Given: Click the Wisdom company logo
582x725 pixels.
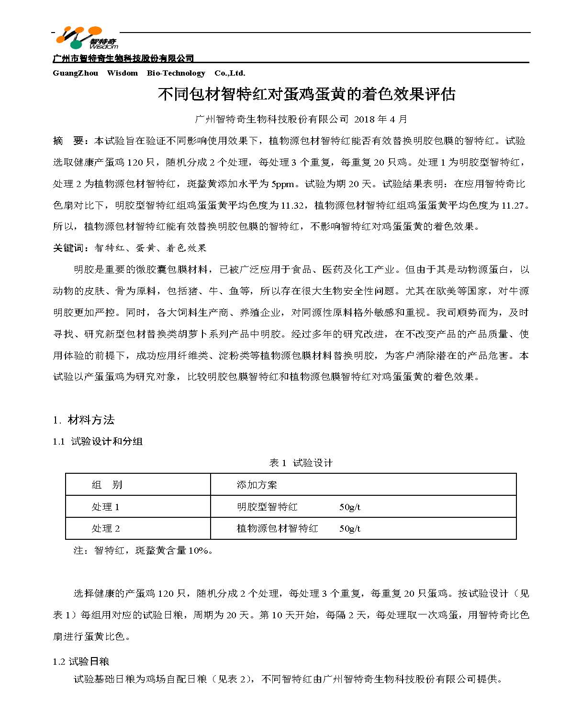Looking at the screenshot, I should pos(86,38).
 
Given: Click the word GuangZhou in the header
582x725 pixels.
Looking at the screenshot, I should pos(75,73).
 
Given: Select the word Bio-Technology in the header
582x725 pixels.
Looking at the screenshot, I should pos(176,73).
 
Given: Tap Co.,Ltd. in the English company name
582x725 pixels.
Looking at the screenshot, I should pos(230,73).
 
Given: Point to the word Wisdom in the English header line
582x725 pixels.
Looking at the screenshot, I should pos(122,73).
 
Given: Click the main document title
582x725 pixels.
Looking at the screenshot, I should pos(306,94).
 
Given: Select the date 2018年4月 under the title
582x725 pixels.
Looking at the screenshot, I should pos(380,119).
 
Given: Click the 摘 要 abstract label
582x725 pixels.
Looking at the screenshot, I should pos(69,141).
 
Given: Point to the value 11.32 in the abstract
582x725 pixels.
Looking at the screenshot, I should pos(292,205).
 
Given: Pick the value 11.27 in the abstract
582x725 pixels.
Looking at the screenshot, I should pos(513,205).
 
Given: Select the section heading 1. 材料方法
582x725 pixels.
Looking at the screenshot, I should pos(84,420).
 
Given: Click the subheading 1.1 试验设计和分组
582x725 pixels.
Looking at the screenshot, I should pos(98,442).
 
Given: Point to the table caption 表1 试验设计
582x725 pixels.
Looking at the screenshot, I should pos(301,463).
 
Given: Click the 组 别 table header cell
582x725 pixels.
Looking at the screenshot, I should pos(107,485).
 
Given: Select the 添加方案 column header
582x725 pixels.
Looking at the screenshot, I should pos(257,485).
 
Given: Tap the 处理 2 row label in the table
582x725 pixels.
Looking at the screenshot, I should pos(105,528).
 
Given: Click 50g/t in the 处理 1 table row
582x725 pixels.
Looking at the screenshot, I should pos(349,507).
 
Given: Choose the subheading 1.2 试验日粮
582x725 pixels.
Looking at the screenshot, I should pos(81,662).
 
